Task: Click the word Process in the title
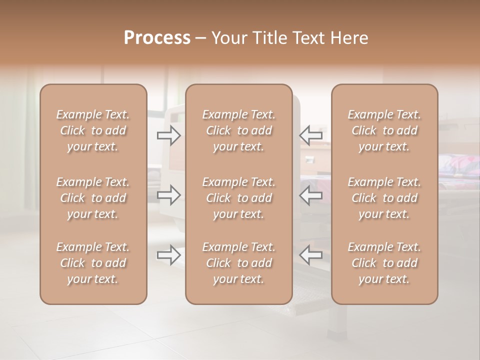(157, 37)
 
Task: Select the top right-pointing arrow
(168, 135)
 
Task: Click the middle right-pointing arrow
(168, 195)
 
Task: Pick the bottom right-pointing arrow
(168, 255)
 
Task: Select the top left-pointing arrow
(311, 135)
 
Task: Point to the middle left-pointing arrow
(311, 195)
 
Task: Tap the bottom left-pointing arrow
(311, 255)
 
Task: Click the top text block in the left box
(93, 130)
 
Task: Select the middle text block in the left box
(93, 198)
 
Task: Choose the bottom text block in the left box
(93, 263)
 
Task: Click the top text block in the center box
(238, 130)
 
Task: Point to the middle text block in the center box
(238, 198)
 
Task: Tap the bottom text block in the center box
(238, 263)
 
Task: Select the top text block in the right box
(384, 130)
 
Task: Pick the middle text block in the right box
(384, 198)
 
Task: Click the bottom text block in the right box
(384, 263)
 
